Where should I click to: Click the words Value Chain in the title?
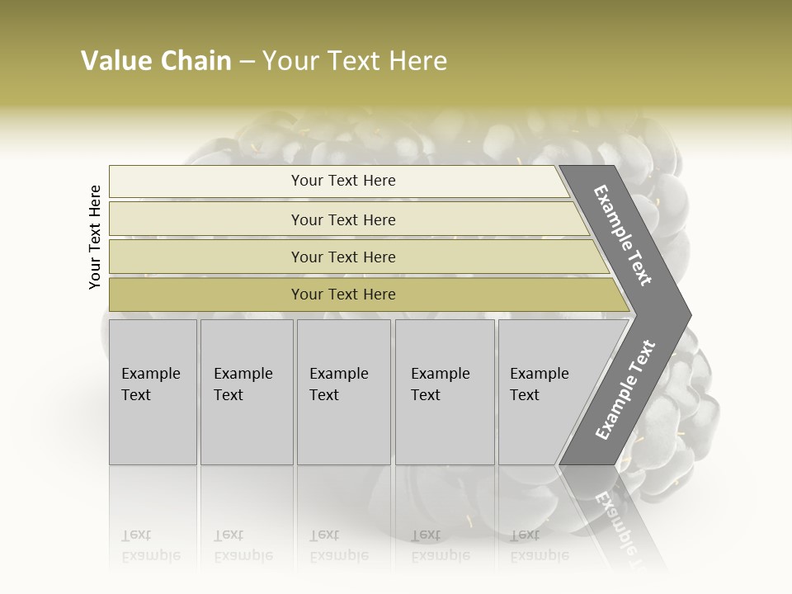tap(156, 61)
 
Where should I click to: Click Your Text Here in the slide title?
tap(355, 61)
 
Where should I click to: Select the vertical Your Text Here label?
tap(95, 237)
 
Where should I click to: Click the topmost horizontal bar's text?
tap(343, 181)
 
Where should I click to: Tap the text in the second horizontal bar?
tap(343, 220)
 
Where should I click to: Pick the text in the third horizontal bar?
tap(343, 257)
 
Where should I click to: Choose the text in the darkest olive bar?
tap(343, 295)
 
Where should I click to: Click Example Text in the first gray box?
tap(150, 384)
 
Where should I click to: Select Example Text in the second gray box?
tap(243, 384)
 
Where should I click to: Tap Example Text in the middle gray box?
tap(338, 384)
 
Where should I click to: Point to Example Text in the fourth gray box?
tap(440, 384)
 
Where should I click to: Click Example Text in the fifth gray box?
tap(539, 384)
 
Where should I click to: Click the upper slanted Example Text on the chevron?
tap(623, 235)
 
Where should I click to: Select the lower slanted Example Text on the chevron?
tap(625, 389)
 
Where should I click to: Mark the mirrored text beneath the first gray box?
tap(150, 545)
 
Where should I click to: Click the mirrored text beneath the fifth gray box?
tap(539, 545)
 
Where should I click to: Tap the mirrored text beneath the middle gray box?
tap(338, 545)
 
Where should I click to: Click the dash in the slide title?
tap(247, 61)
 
